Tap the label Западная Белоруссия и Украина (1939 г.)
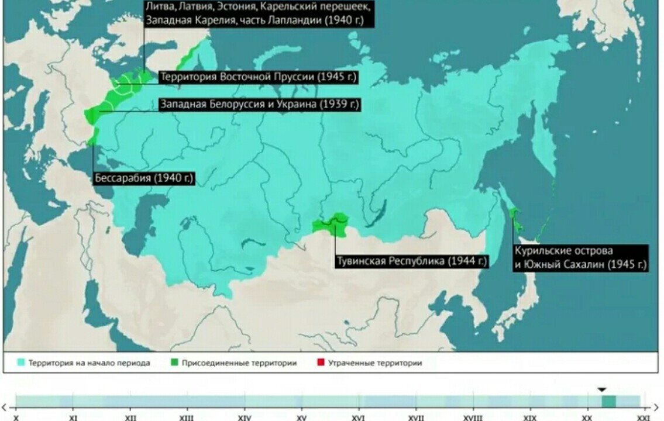(259, 105)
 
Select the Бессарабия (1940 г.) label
(143, 178)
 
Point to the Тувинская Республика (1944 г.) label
(411, 261)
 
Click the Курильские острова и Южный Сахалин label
(580, 258)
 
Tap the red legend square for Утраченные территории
(320, 363)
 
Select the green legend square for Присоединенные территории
(174, 363)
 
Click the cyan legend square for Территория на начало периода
(21, 363)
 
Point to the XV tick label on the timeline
(301, 417)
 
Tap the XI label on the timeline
(73, 417)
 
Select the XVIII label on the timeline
(473, 417)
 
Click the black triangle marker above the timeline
(602, 389)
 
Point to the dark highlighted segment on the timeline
(609, 401)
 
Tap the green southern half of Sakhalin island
(514, 217)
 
